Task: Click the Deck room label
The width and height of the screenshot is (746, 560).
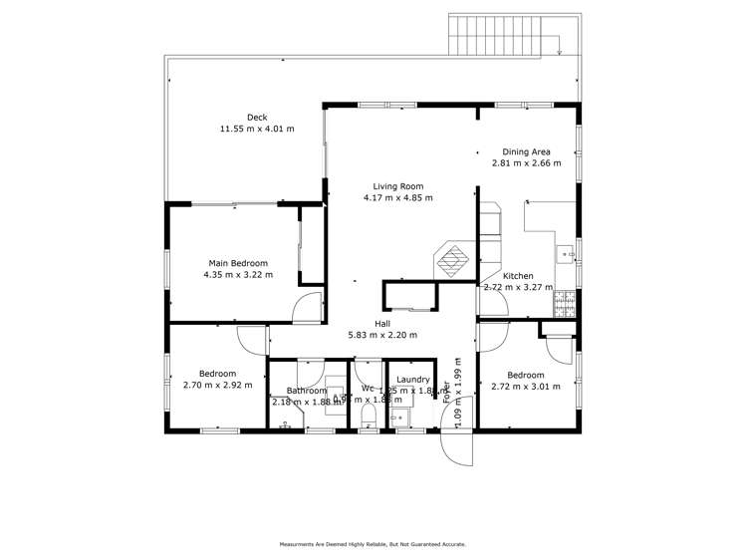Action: (257, 118)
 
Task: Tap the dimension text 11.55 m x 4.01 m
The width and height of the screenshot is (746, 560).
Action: (257, 129)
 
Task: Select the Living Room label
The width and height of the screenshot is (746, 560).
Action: (398, 186)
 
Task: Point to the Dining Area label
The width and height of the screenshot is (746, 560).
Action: (526, 151)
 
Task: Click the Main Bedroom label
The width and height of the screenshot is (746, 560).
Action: (237, 263)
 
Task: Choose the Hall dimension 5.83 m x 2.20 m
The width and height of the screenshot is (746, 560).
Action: (382, 335)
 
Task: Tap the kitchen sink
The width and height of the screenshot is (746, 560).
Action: (567, 254)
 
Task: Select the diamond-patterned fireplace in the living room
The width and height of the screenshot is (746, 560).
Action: (453, 259)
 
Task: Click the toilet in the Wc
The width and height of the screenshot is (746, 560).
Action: (368, 413)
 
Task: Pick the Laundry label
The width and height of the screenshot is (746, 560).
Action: (412, 380)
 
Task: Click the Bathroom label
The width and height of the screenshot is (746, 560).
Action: (307, 391)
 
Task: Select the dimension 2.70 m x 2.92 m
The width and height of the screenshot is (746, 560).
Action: (217, 385)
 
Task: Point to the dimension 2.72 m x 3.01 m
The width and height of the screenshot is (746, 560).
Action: (526, 386)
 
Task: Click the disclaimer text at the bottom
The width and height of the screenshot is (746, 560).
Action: (373, 544)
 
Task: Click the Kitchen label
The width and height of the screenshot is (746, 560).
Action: (518, 276)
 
